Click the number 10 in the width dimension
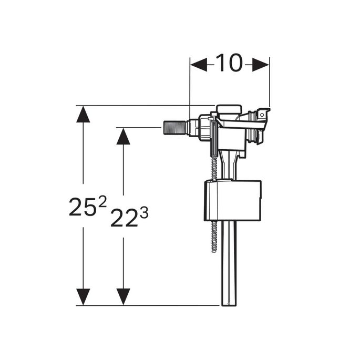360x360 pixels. pyautogui.click(x=229, y=64)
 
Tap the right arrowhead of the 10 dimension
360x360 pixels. pyautogui.click(x=261, y=65)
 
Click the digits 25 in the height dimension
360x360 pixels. pyautogui.click(x=80, y=207)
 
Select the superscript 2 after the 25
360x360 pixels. pyautogui.click(x=102, y=200)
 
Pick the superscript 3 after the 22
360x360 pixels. pyautogui.click(x=144, y=212)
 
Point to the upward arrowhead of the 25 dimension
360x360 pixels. pyautogui.click(x=83, y=114)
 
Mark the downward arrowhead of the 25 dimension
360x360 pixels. pyautogui.click(x=83, y=296)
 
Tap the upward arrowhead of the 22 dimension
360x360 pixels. pyautogui.click(x=123, y=136)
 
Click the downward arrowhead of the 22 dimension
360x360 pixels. pyautogui.click(x=123, y=296)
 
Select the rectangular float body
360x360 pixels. pyautogui.click(x=232, y=200)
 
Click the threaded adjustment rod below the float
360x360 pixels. pyautogui.click(x=213, y=236)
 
